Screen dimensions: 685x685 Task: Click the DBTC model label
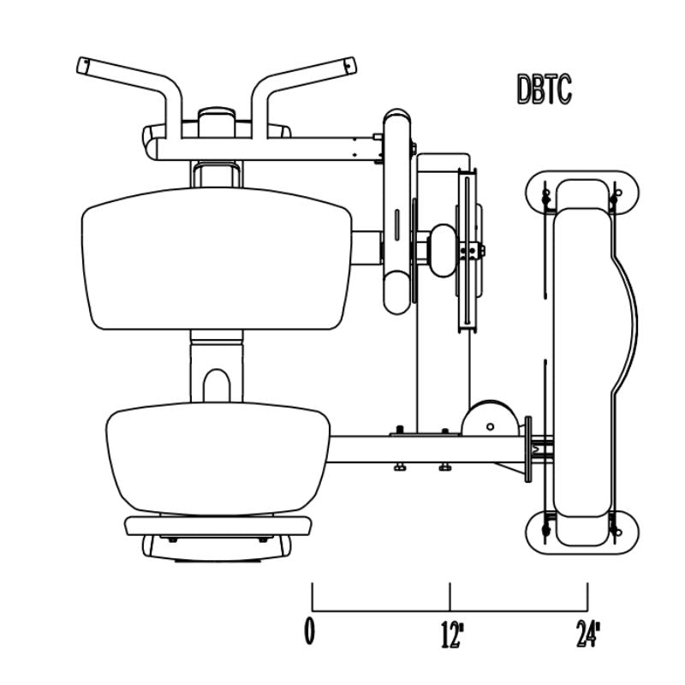pyautogui.click(x=545, y=89)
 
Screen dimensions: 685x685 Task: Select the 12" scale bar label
pyautogui.click(x=452, y=634)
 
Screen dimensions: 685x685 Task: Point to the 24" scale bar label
pyautogui.click(x=588, y=634)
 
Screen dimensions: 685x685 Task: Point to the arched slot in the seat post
pyautogui.click(x=217, y=384)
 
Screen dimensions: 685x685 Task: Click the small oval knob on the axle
pyautogui.click(x=443, y=250)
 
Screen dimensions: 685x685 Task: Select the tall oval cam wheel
pyautogui.click(x=398, y=212)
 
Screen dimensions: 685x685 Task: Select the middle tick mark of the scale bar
pyautogui.click(x=450, y=596)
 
